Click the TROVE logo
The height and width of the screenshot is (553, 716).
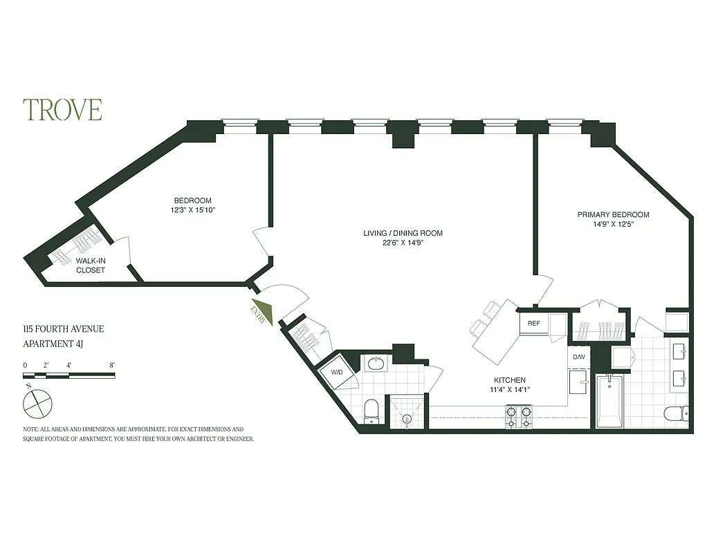click(62, 110)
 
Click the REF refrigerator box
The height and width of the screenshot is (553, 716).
click(533, 324)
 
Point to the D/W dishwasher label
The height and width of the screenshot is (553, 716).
click(578, 357)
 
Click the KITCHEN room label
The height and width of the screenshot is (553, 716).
click(510, 380)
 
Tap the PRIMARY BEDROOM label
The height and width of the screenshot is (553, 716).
click(613, 215)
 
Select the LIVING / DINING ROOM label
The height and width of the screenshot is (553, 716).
click(403, 233)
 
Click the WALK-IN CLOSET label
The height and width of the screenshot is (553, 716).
click(91, 265)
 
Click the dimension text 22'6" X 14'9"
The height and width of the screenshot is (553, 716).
click(403, 243)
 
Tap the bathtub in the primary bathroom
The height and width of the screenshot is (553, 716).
click(609, 402)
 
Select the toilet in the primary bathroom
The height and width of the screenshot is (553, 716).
click(674, 413)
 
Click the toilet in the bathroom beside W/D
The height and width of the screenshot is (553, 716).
click(371, 409)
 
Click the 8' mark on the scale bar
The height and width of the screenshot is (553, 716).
click(111, 365)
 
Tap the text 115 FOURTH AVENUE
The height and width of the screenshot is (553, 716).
click(63, 329)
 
